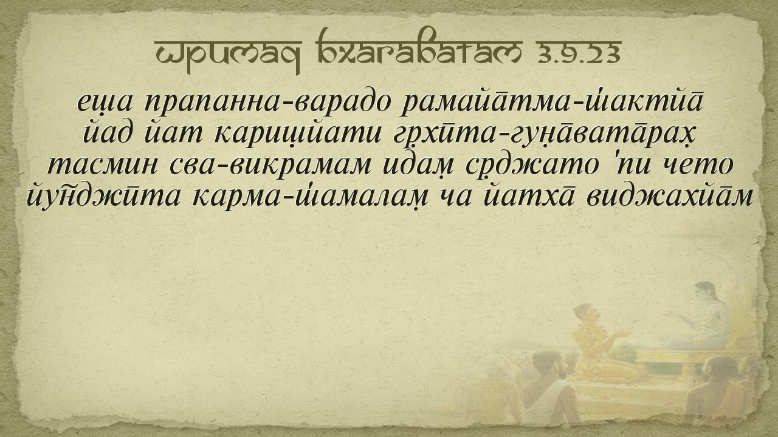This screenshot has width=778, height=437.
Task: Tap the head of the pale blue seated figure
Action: tap(704, 293)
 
